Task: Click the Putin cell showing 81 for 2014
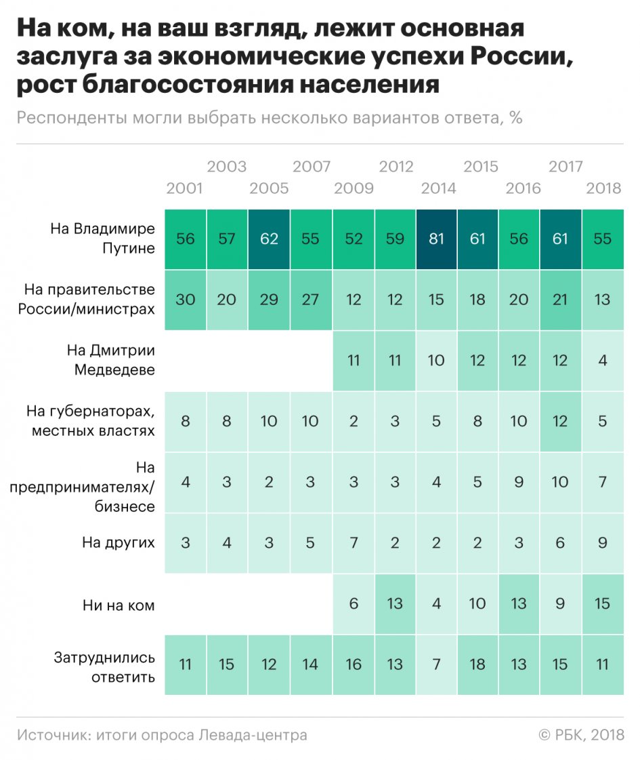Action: tap(436, 239)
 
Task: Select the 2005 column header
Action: tap(269, 188)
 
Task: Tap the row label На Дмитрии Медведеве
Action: tap(110, 360)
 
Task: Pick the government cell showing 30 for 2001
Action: tap(185, 300)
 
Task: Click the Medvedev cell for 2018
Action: tap(603, 360)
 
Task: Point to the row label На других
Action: tap(119, 542)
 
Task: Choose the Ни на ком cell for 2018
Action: tap(603, 603)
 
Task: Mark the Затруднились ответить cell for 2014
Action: tap(436, 664)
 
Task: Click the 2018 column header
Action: tap(603, 188)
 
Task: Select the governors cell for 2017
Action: tap(561, 421)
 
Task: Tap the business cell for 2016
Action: tap(519, 482)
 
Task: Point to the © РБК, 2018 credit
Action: tap(580, 735)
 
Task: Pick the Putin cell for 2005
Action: tap(269, 239)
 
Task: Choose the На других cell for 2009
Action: tap(353, 542)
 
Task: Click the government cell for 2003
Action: tap(227, 300)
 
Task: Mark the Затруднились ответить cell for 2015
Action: tap(477, 664)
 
